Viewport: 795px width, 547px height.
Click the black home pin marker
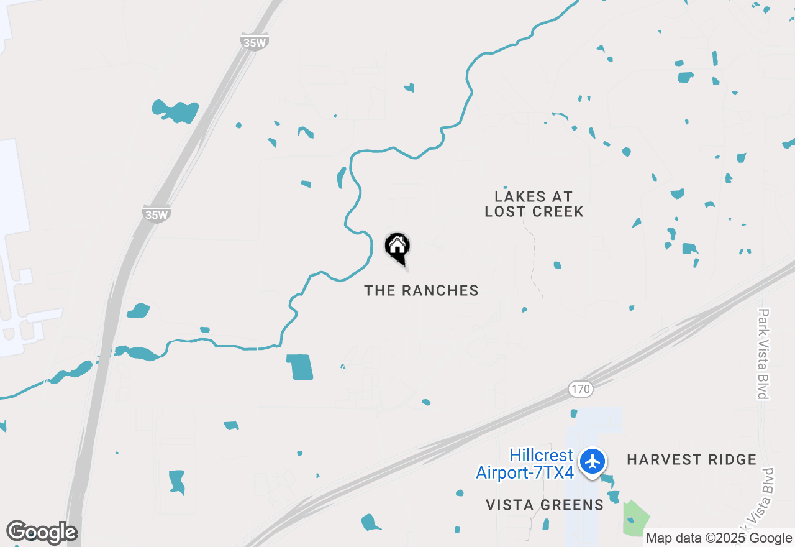pos(397,247)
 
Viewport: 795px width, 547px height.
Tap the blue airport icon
pos(593,462)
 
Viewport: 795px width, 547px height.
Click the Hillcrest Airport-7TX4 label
pos(525,464)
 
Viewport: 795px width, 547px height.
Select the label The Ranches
pos(421,290)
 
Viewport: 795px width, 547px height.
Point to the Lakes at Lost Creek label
pos(534,204)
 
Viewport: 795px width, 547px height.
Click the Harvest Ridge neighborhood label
pos(691,460)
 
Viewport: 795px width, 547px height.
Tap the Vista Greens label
pos(545,505)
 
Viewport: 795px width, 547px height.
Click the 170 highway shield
pos(581,390)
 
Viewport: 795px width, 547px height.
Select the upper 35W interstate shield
pos(254,42)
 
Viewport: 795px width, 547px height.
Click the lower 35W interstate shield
pos(156,214)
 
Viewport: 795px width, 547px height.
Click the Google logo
pos(42,533)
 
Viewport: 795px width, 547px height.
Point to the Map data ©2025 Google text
pos(719,538)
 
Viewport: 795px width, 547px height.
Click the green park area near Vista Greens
pos(636,518)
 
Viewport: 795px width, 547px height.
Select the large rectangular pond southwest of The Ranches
pos(300,367)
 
